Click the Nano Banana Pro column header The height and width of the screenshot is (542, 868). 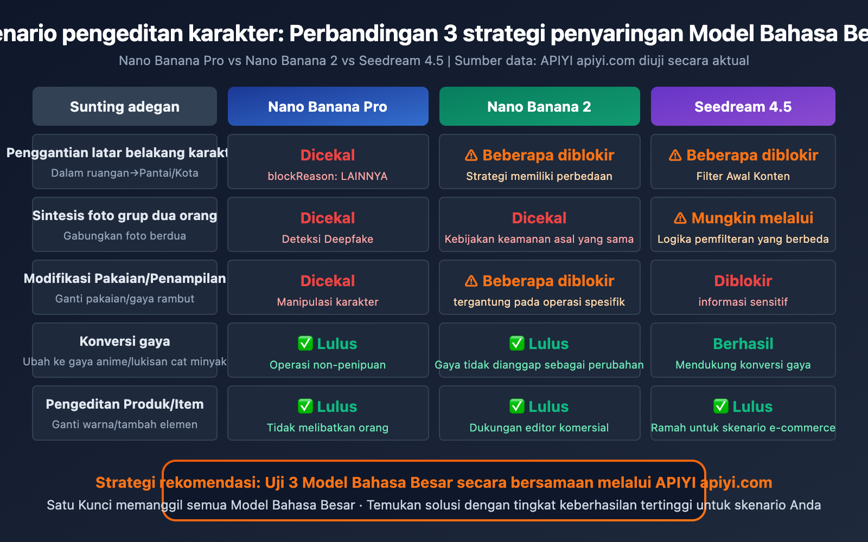coord(328,106)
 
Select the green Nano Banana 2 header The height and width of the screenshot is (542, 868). coord(539,106)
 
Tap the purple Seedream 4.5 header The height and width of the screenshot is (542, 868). coord(743,106)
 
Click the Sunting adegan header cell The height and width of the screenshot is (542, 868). coord(125,106)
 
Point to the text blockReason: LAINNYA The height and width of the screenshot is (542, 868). coord(328,176)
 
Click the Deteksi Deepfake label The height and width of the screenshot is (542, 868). coord(328,239)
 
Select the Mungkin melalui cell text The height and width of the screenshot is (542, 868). coord(752,218)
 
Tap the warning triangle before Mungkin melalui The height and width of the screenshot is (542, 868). coord(680,218)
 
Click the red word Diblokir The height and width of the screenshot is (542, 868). coord(743,281)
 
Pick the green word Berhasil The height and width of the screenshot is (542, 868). coord(743,344)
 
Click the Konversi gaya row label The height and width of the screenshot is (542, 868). coord(125,341)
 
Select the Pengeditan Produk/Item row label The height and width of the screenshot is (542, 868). coord(125,404)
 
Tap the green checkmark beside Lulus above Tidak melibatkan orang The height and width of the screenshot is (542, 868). coord(305,406)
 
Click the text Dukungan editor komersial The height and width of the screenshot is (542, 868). coord(539,428)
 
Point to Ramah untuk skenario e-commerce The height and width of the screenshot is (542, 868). coord(743,428)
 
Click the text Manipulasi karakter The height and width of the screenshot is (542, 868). coord(328,301)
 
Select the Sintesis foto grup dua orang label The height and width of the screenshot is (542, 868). coord(125,215)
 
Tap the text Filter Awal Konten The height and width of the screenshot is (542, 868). coord(743,176)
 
